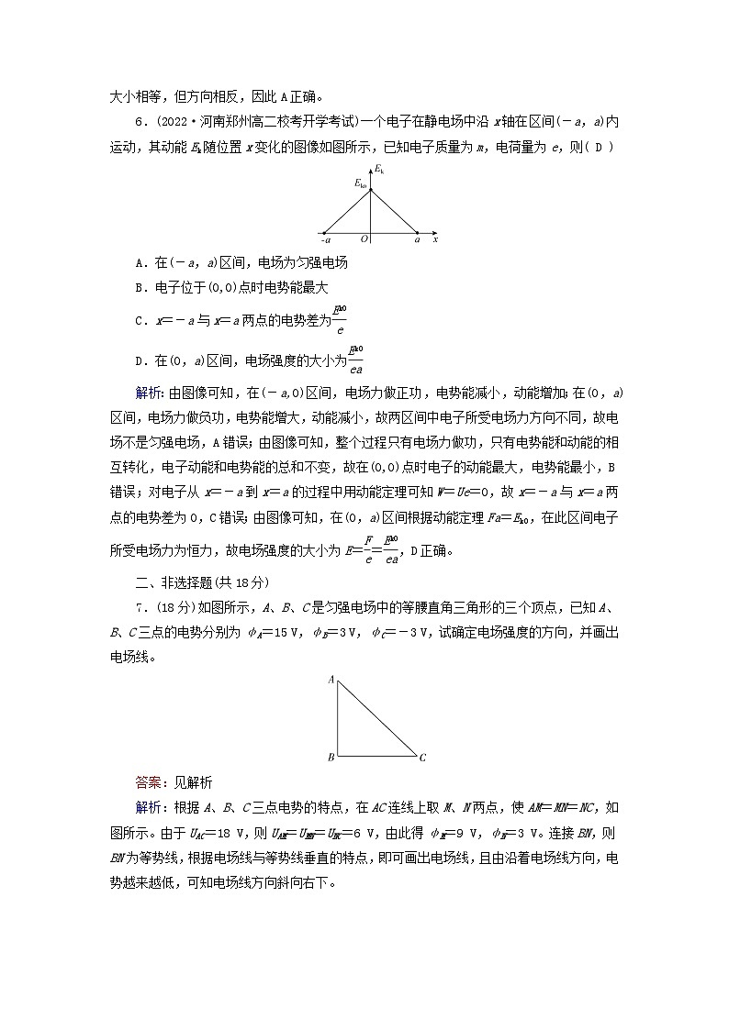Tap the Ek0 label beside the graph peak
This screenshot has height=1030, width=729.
click(361, 184)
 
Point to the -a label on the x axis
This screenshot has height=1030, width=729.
click(325, 239)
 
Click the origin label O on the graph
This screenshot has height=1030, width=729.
click(364, 239)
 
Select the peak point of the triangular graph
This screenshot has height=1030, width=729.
click(371, 189)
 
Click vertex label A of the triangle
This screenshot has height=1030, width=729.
click(331, 680)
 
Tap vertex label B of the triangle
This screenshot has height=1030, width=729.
click(331, 758)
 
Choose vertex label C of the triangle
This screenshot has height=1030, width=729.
click(422, 759)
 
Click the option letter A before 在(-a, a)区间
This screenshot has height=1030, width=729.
click(139, 263)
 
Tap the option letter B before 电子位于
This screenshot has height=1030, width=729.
click(139, 287)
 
